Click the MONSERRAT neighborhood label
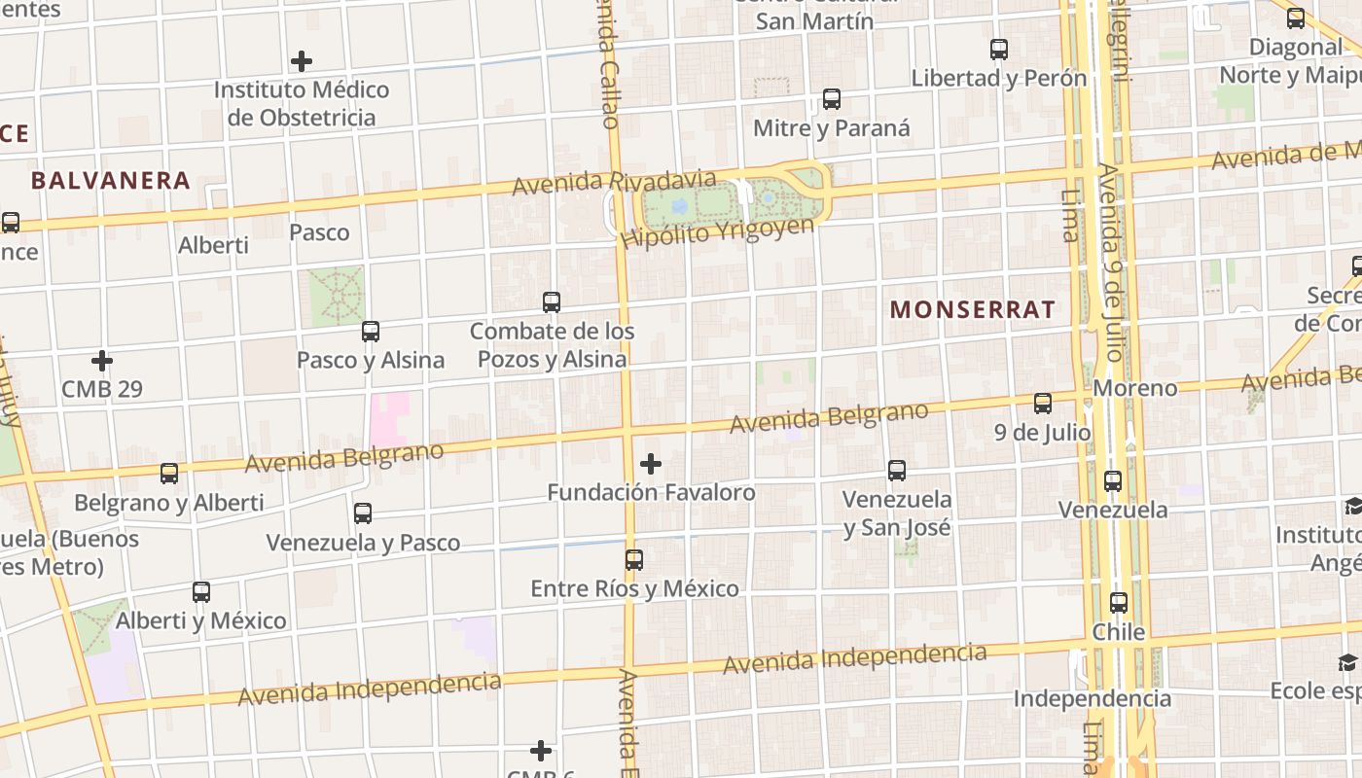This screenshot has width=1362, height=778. pos(972,310)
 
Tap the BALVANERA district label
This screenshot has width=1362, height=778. pos(110,180)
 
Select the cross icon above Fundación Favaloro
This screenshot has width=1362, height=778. pos(651,464)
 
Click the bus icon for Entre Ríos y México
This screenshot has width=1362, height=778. pos(634,560)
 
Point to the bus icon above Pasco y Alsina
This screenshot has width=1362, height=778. pos(371,332)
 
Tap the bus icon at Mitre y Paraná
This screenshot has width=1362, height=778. pos(832,99)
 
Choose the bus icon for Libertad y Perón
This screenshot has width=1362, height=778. pos(999,50)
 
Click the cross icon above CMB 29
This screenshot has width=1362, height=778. pos(102,361)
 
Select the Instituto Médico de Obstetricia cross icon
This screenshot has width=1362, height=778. pos(302,61)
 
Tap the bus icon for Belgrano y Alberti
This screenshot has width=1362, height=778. pos(169,474)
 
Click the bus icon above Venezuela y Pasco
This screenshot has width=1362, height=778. pos(363,513)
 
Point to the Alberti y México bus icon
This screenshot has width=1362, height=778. pos(201,591)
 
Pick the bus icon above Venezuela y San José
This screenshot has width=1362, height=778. pos(897,471)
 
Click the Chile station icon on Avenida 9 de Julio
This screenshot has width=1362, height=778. pos(1119,603)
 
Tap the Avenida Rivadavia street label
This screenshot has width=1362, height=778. pos(614,182)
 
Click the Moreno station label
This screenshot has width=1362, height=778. pos(1134,388)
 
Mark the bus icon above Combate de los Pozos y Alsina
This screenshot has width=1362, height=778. pos(552,302)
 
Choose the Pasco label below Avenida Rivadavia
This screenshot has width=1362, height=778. pos(319,232)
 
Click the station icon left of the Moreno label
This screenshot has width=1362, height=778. pos(1043,403)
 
